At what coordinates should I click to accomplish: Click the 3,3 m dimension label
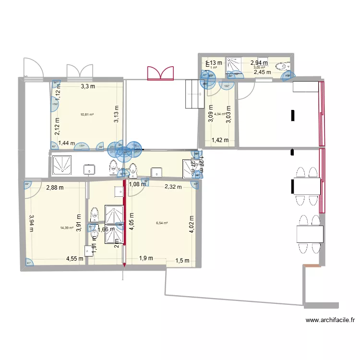tap(87, 87)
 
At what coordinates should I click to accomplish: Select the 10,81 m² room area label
tap(87, 115)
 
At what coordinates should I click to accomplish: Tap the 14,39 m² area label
tap(67, 228)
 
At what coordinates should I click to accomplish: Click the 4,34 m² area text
tap(220, 114)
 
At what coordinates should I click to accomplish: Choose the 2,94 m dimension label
tap(259, 62)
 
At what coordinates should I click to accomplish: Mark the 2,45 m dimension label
tap(263, 72)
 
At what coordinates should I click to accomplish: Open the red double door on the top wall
tap(160, 73)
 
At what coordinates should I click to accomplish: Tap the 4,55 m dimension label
tap(74, 259)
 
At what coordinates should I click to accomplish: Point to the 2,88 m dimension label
tap(55, 188)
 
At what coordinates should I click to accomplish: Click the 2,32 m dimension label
tap(173, 187)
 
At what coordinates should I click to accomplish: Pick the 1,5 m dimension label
tap(182, 261)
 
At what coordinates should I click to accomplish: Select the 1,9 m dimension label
tap(146, 258)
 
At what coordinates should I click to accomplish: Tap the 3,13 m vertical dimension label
tap(116, 114)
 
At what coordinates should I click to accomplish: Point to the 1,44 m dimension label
tap(67, 143)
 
